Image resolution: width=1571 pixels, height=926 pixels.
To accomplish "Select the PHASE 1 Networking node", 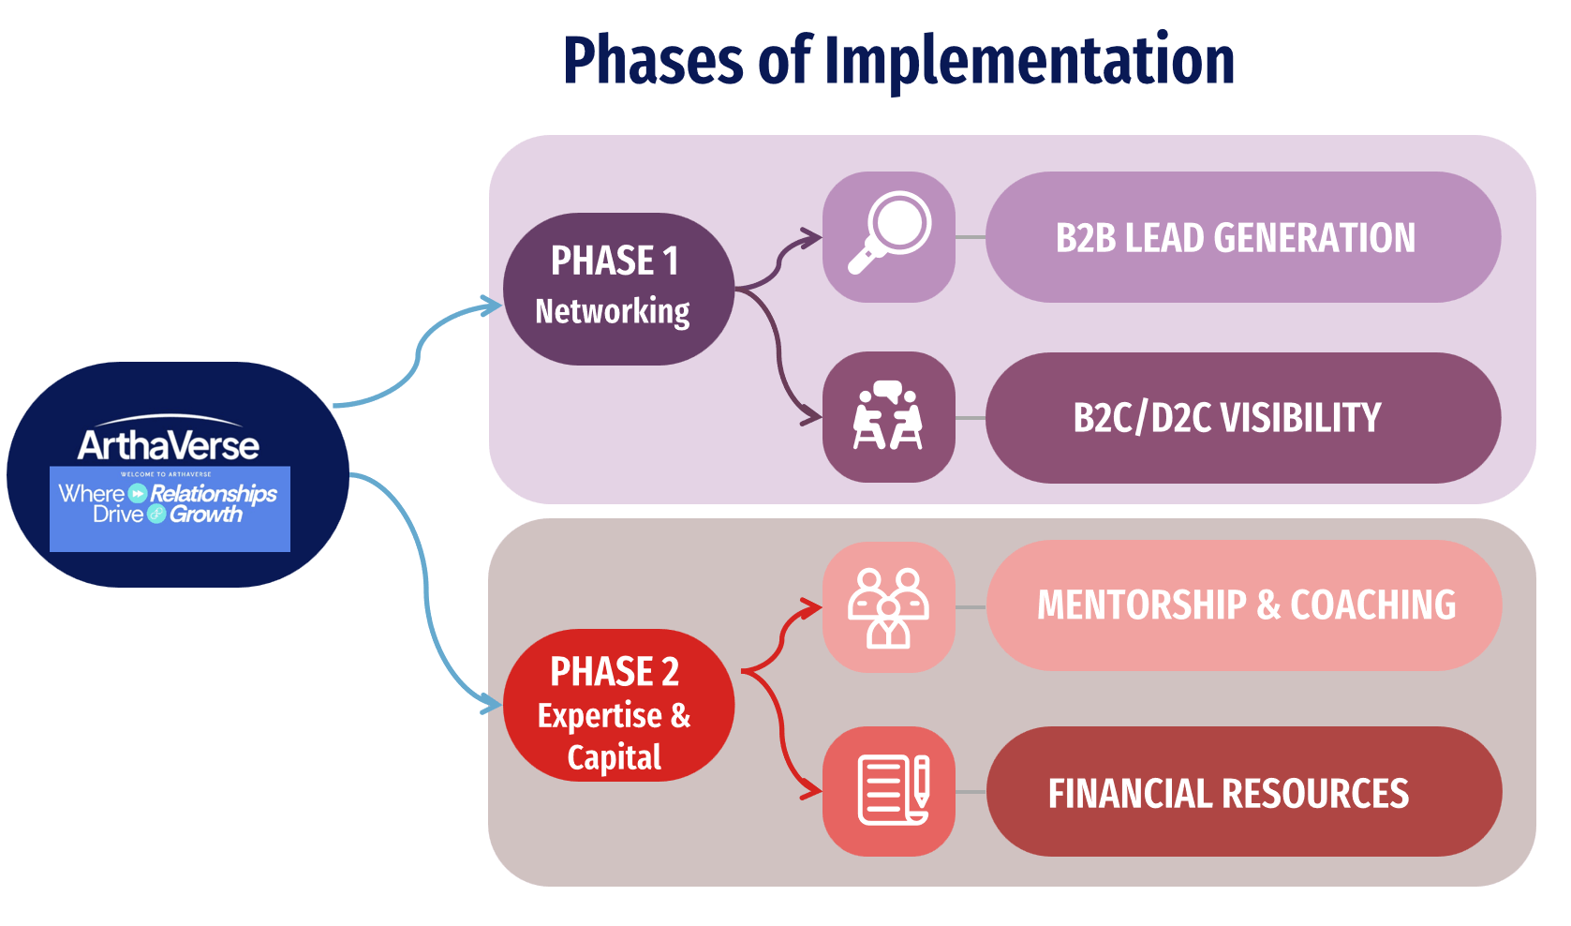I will (618, 288).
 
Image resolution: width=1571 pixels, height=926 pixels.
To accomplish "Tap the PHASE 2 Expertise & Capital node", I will (618, 706).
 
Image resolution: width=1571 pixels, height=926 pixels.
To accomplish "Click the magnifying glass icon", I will (888, 235).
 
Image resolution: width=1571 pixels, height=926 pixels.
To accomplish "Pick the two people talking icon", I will (888, 417).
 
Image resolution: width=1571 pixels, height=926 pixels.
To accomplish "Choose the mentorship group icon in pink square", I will (888, 606).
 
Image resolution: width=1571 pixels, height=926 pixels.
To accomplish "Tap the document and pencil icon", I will (888, 791).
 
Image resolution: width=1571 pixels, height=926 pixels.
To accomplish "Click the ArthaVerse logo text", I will (169, 444).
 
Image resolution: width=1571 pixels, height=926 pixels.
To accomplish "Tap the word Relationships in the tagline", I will (214, 493).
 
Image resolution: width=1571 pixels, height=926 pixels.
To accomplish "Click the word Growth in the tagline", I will (206, 515).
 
